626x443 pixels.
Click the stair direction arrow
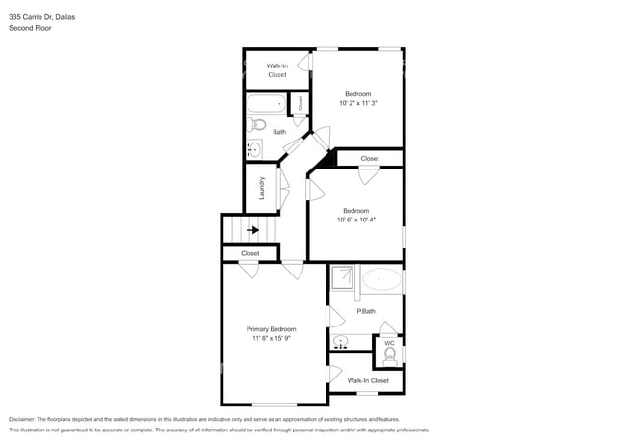point(252,230)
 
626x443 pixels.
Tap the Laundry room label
point(261,188)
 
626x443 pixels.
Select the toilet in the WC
point(389,355)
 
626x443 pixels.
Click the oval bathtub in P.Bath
point(381,280)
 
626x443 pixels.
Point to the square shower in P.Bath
point(344,278)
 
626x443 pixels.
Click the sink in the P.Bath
point(341,342)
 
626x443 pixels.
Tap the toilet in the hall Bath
point(256,125)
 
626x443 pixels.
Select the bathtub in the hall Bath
point(265,103)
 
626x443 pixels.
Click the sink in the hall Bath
point(253,148)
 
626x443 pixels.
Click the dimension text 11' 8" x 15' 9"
point(271,339)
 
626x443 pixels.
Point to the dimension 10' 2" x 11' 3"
point(357,103)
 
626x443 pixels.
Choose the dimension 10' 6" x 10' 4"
point(355,220)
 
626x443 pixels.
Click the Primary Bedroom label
point(271,329)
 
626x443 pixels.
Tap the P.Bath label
point(366,311)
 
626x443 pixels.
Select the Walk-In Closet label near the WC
point(368,380)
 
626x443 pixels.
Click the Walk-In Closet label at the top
point(276,69)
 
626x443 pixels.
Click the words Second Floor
point(30,28)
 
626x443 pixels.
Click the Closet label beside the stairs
point(250,253)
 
